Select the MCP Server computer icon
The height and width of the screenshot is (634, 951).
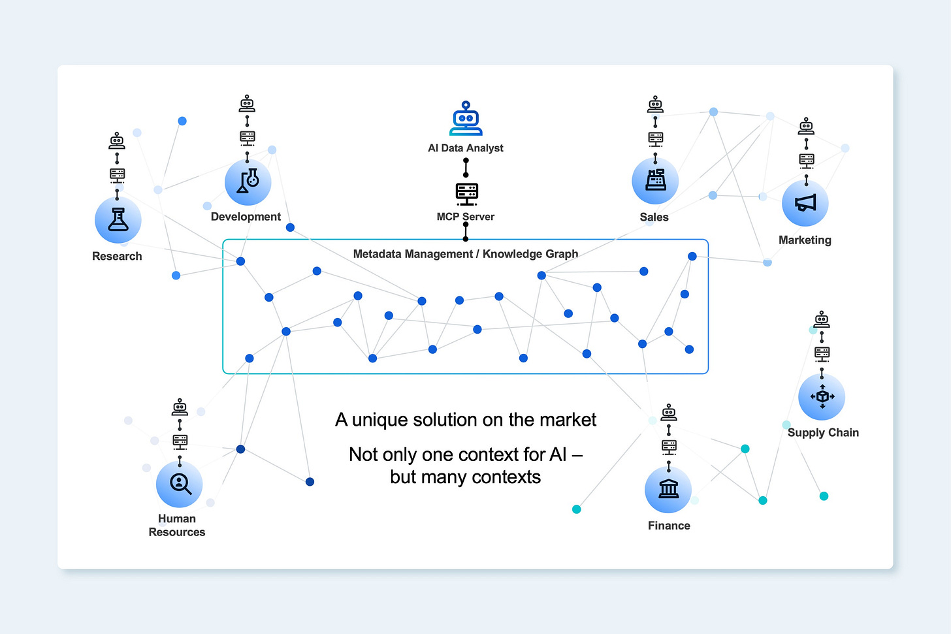[x=466, y=193]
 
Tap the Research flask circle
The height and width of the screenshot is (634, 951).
[x=118, y=221]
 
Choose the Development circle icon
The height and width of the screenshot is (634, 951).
[x=248, y=182]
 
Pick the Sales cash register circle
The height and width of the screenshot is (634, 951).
[x=655, y=180]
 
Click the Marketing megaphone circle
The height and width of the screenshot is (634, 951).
[x=805, y=203]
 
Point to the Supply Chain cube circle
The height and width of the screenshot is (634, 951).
[x=822, y=397]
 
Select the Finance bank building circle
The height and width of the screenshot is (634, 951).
[x=668, y=490]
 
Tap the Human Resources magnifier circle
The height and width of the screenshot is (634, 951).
[x=180, y=484]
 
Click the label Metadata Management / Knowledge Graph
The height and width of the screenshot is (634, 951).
[x=465, y=254]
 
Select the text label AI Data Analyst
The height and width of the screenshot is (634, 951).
[x=465, y=148]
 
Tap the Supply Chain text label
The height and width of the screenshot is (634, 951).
[x=823, y=433]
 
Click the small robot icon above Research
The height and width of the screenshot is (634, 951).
[x=117, y=140]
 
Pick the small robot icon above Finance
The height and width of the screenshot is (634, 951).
[x=668, y=413]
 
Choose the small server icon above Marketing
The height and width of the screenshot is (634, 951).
[x=807, y=161]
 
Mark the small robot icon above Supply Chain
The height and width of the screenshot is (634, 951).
[x=822, y=319]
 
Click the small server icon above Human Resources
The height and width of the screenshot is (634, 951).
[x=180, y=442]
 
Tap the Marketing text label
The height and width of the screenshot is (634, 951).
[x=805, y=240]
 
